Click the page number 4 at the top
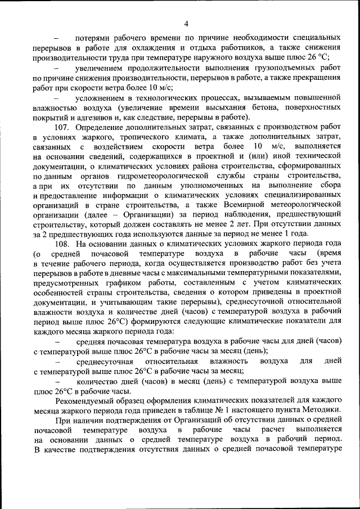(x=185, y=22)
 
